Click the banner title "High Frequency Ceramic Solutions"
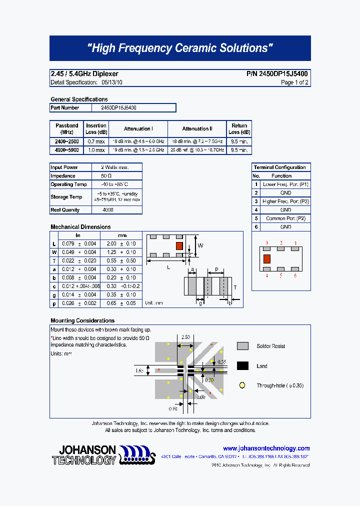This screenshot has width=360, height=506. click(x=180, y=48)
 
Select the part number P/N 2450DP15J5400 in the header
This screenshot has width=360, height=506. click(x=277, y=74)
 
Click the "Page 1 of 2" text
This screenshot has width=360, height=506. click(x=294, y=82)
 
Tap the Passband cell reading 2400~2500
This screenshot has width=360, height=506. click(x=66, y=141)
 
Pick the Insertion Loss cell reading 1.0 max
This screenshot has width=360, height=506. click(x=96, y=150)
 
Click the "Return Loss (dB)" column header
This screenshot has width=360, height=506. click(x=239, y=129)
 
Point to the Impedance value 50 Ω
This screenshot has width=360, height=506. click(x=106, y=176)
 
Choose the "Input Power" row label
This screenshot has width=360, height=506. click(x=64, y=167)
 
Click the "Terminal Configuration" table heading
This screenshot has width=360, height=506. click(x=279, y=167)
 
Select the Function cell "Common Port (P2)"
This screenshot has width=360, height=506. click(x=285, y=218)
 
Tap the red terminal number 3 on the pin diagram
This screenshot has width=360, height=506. click(x=266, y=243)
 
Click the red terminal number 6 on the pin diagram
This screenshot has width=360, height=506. click(x=295, y=275)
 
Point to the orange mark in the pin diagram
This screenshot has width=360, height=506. click(x=266, y=258)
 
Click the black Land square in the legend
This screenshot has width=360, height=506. click(x=242, y=366)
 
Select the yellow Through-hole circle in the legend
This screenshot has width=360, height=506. click(x=242, y=385)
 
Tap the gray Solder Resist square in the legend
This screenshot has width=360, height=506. click(x=242, y=346)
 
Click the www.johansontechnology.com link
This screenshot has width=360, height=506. click(x=266, y=448)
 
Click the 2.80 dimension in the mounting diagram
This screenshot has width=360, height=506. click(x=185, y=337)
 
